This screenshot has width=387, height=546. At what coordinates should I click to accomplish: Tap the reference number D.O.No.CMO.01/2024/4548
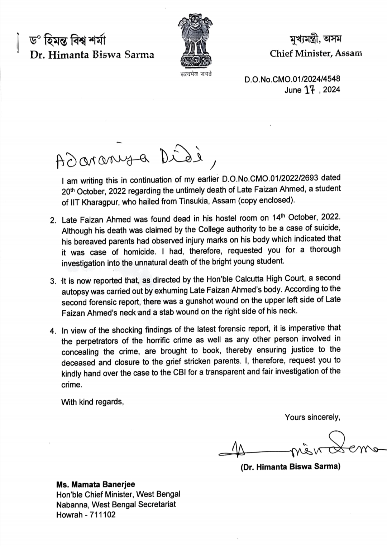(292, 79)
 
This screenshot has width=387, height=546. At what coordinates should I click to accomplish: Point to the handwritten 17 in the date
(309, 90)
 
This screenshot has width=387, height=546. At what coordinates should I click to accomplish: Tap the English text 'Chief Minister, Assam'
(316, 54)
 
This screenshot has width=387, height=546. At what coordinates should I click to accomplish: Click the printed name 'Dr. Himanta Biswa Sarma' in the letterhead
(92, 55)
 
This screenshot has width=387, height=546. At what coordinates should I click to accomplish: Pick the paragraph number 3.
(53, 281)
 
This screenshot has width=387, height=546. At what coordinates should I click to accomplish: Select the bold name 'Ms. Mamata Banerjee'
(96, 484)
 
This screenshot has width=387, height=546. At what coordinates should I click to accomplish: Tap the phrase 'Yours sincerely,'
(312, 417)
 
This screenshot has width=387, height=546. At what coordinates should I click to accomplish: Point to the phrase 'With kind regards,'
(92, 402)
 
